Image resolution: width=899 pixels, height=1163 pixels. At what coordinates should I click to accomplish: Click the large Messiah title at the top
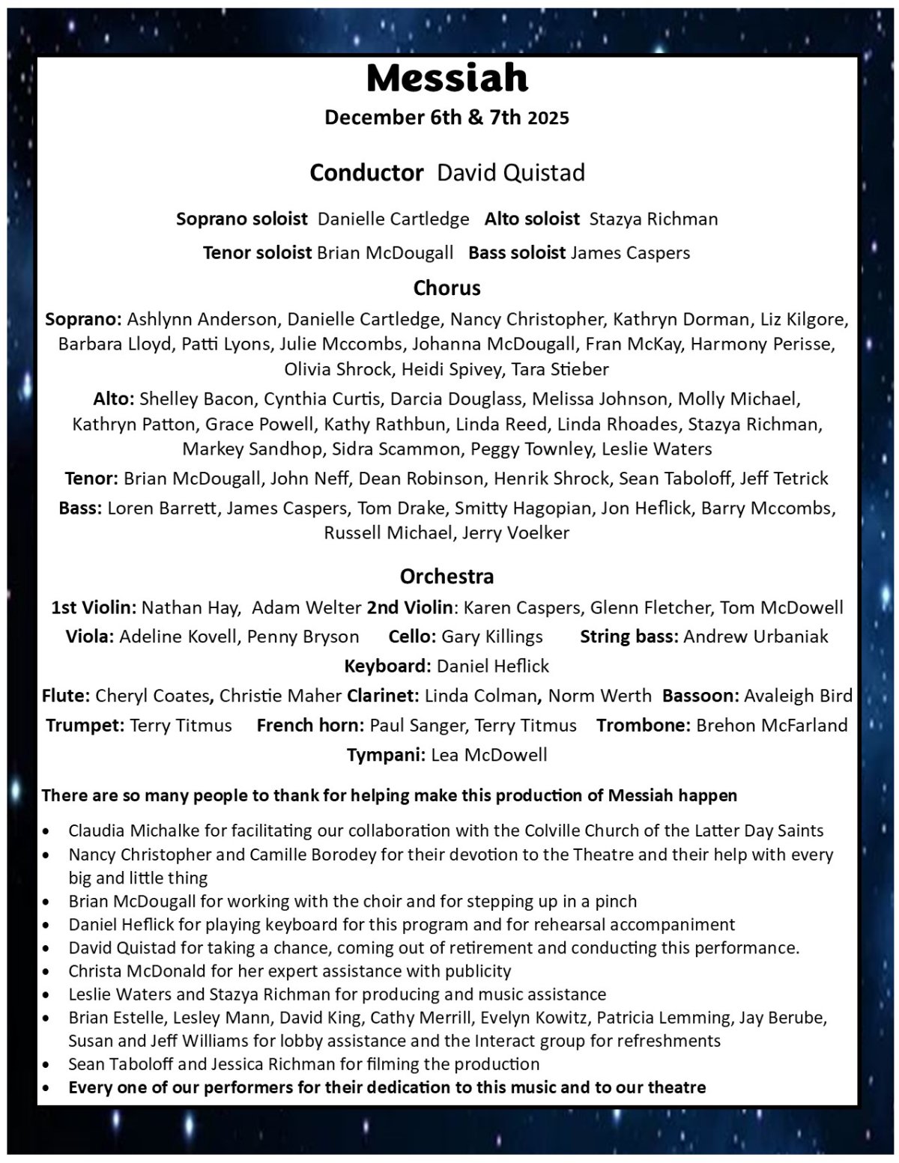pos(447,78)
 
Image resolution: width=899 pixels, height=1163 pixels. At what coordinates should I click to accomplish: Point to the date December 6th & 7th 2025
pos(447,118)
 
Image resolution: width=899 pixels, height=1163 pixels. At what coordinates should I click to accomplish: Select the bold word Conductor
pos(366,173)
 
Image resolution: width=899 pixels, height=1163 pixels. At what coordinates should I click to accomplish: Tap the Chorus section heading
pos(447,288)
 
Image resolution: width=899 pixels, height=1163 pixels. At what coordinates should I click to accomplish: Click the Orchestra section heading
pos(447,577)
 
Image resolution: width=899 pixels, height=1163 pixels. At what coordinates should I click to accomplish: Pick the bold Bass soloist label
pos(516,253)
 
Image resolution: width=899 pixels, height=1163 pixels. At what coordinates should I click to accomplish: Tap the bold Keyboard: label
pos(387,666)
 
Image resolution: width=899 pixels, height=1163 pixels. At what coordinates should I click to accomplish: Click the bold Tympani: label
pos(386,755)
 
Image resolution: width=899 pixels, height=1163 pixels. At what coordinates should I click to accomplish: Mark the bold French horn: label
pos(310,726)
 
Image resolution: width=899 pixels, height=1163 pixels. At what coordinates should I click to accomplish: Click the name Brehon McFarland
pos(772,726)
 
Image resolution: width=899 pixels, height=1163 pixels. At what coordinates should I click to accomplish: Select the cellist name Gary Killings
pos(492,637)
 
